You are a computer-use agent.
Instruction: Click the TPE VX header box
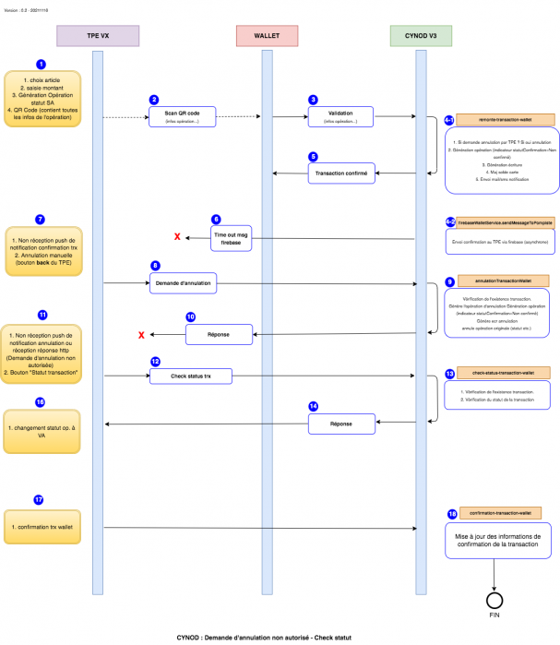(x=98, y=35)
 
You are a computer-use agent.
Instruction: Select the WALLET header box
(x=267, y=35)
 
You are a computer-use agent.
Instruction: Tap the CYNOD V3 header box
(x=420, y=35)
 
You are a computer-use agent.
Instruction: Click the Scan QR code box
(x=183, y=117)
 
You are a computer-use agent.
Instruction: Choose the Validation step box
(x=341, y=117)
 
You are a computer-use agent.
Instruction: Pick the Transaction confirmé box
(x=341, y=173)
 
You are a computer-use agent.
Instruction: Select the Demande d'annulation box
(x=183, y=283)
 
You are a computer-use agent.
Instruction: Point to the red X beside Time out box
(x=177, y=238)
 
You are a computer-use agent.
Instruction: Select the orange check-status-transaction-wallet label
(x=504, y=373)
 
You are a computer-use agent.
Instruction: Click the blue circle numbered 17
(x=39, y=499)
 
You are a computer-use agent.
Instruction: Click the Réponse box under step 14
(x=341, y=424)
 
